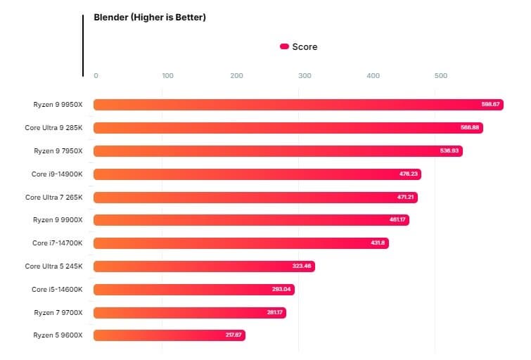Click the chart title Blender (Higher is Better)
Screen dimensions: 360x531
click(x=150, y=18)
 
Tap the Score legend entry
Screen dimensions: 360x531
click(x=299, y=47)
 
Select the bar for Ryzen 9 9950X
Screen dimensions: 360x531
click(x=298, y=105)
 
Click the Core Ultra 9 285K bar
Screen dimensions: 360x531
click(x=288, y=128)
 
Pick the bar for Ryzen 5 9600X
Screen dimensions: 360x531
click(x=169, y=335)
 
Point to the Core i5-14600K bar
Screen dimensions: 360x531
click(x=194, y=290)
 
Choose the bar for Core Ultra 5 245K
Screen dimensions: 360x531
click(x=204, y=266)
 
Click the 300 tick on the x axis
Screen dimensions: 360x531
click(x=304, y=76)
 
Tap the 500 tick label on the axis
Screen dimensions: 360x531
click(x=440, y=76)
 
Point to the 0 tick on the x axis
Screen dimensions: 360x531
click(x=96, y=76)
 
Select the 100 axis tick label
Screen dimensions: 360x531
click(x=167, y=76)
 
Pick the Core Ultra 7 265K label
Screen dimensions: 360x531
click(x=54, y=197)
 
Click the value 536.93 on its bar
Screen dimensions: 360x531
click(x=448, y=151)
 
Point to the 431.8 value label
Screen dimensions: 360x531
click(x=376, y=243)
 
